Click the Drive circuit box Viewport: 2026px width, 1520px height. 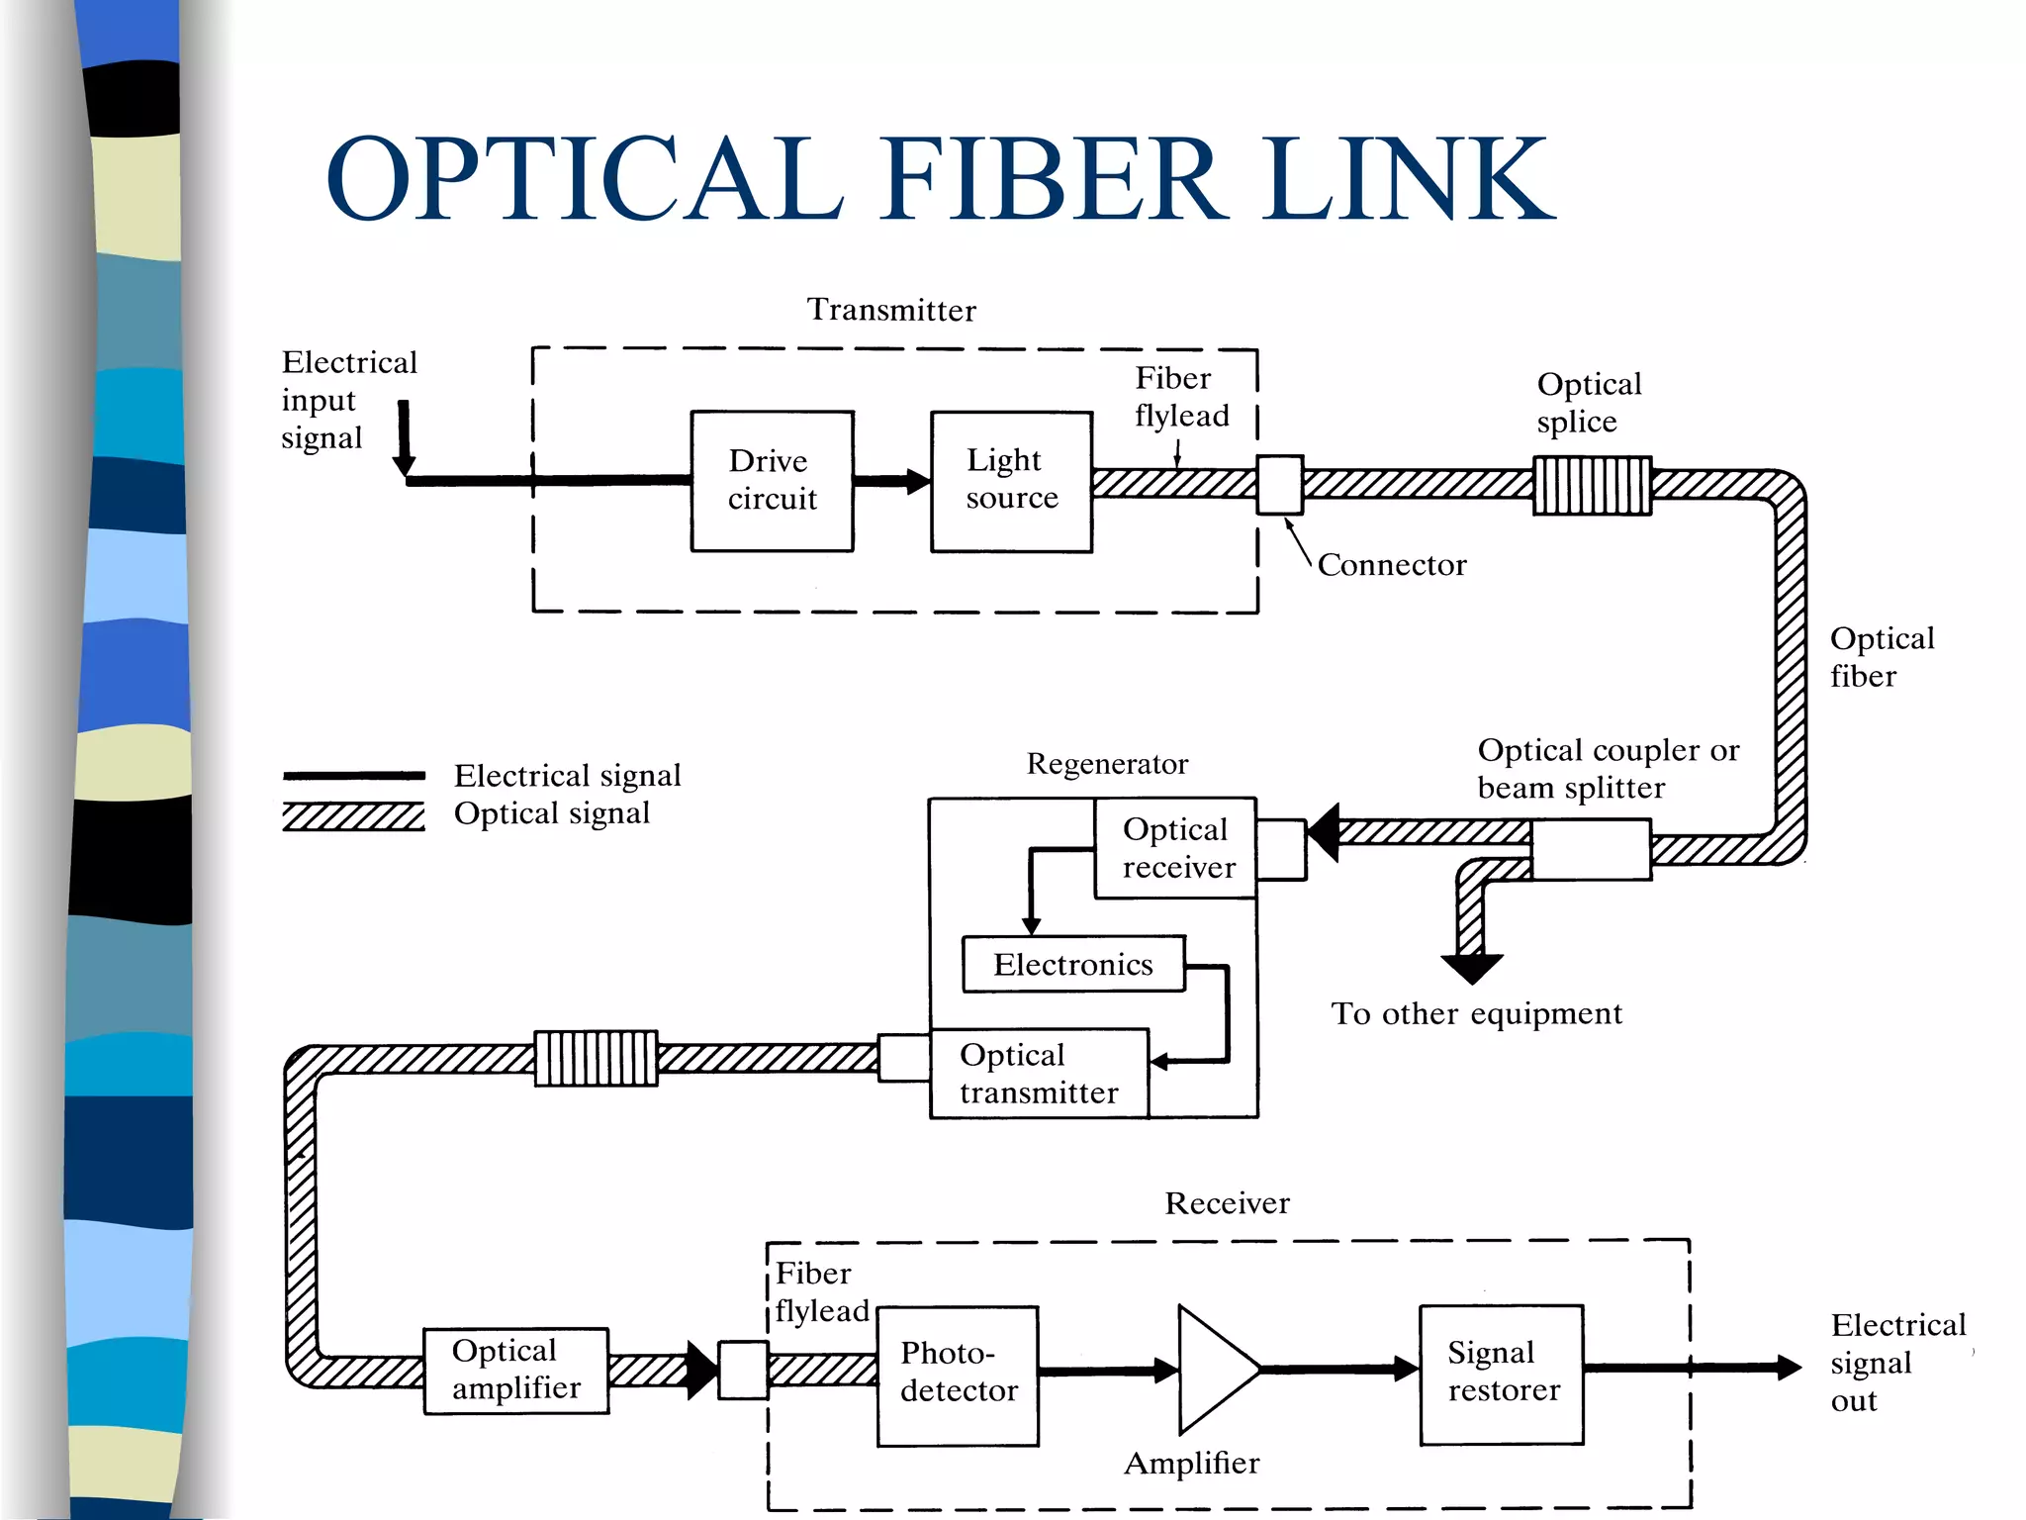[x=772, y=481]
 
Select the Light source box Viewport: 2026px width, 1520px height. [x=1011, y=481]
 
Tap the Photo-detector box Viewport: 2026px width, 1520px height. [x=957, y=1376]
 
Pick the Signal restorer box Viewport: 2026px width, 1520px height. [x=1501, y=1375]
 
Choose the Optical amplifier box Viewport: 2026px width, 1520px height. [x=515, y=1371]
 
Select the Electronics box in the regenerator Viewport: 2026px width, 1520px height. [x=1073, y=964]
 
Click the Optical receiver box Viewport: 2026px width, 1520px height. [x=1175, y=848]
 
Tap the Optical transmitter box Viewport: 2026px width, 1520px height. [x=1039, y=1074]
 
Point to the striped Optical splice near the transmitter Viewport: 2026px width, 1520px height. [x=1592, y=485]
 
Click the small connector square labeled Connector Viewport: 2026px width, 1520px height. [x=1279, y=485]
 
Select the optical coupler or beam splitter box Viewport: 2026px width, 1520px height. [x=1590, y=849]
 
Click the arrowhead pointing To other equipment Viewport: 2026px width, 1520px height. [x=1472, y=968]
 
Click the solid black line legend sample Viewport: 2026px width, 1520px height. [x=354, y=776]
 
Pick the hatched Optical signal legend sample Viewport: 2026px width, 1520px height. [x=354, y=816]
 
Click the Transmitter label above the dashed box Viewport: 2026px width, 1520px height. [x=891, y=310]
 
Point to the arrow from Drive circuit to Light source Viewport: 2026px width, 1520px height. [x=891, y=482]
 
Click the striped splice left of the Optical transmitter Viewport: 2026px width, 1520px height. [x=596, y=1058]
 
